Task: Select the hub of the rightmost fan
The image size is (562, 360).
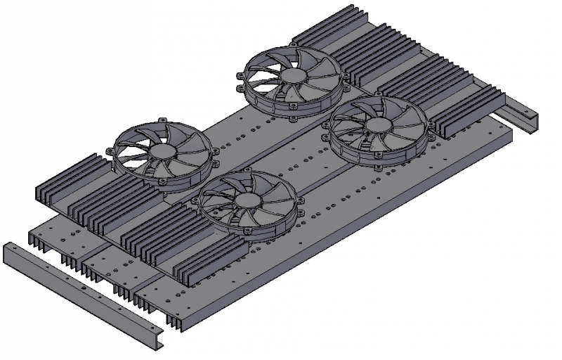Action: (380, 127)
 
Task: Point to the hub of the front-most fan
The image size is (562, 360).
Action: (247, 200)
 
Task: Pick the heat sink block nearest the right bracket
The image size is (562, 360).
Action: (467, 109)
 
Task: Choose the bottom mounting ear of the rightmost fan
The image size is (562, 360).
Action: (380, 169)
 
